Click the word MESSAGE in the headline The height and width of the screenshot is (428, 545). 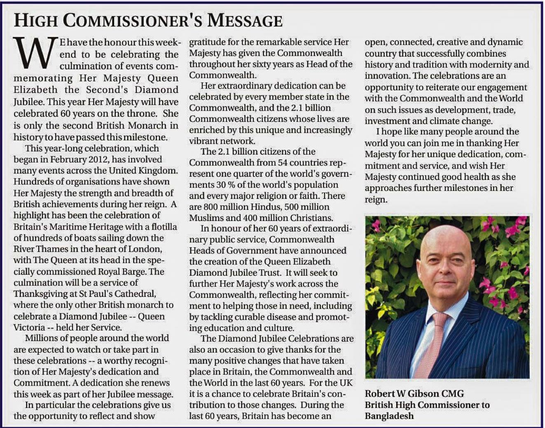pyautogui.click(x=245, y=20)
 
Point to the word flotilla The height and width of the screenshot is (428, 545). pyautogui.click(x=164, y=227)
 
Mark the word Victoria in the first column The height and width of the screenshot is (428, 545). pyautogui.click(x=29, y=328)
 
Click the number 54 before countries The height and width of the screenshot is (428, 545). pyautogui.click(x=283, y=163)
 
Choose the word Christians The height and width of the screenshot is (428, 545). pyautogui.click(x=311, y=218)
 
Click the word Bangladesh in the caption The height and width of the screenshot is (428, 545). pyautogui.click(x=389, y=416)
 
